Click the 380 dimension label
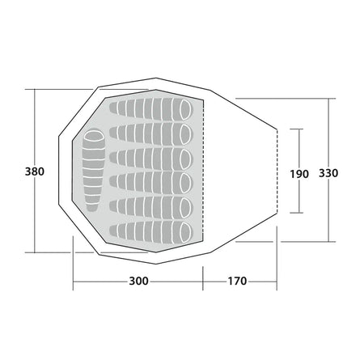tap(35, 171)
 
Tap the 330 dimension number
tap(328, 173)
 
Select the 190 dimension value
tap(299, 174)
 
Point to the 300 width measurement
tap(138, 281)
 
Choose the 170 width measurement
tap(238, 281)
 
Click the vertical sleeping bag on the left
tap(93, 171)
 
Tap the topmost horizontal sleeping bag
tap(151, 109)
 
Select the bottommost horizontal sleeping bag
tap(151, 233)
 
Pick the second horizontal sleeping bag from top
tap(151, 134)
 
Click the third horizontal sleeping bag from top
tap(151, 159)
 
